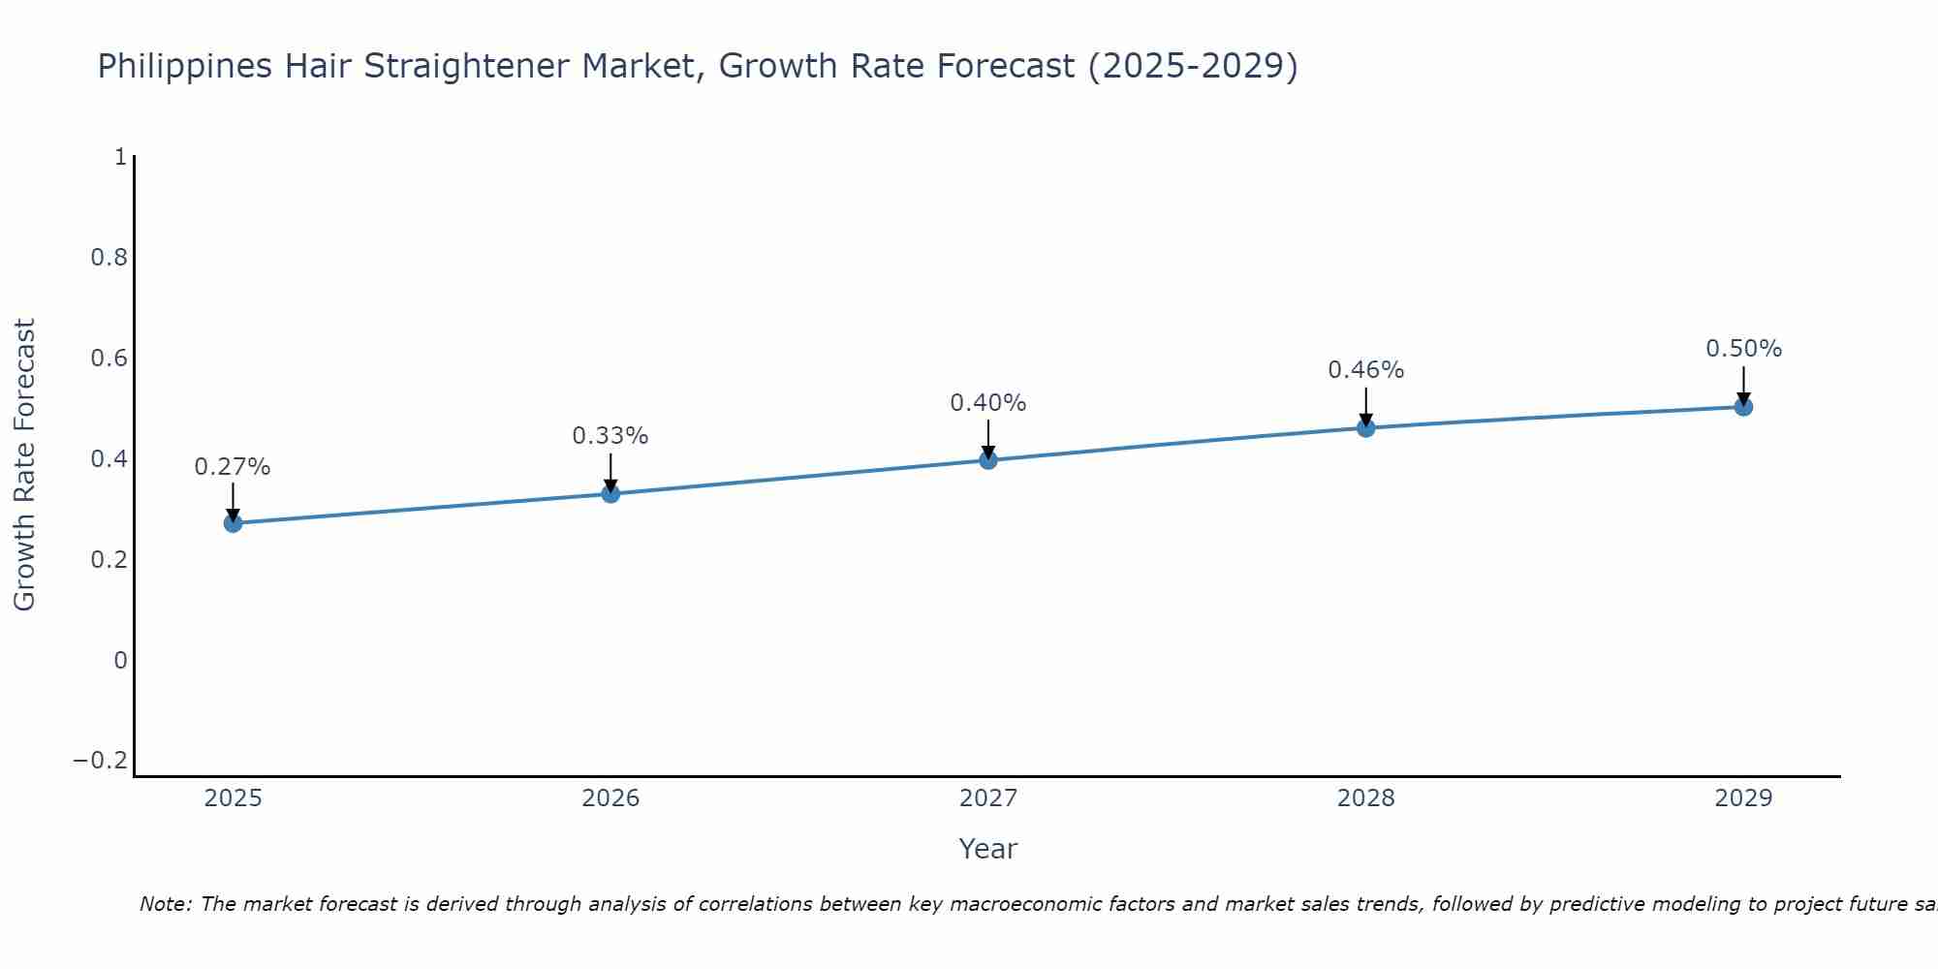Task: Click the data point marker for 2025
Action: (x=233, y=523)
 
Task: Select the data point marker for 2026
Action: (x=610, y=493)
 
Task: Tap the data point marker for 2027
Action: (x=988, y=459)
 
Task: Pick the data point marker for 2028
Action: (x=1366, y=427)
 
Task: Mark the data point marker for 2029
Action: (x=1743, y=407)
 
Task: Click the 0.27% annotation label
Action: (x=233, y=467)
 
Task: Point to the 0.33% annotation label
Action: (x=610, y=436)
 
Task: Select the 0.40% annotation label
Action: (x=988, y=403)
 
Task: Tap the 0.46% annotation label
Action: (x=1366, y=370)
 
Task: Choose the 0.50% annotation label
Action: (x=1743, y=349)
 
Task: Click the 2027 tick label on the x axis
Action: (x=988, y=798)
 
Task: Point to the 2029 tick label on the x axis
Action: (x=1743, y=798)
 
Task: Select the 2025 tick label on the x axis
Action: (x=234, y=798)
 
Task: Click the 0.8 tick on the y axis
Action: (x=109, y=258)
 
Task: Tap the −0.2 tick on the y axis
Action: (x=101, y=761)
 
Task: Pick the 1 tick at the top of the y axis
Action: (x=120, y=157)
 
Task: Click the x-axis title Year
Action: (x=987, y=849)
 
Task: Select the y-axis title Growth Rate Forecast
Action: (x=24, y=465)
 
